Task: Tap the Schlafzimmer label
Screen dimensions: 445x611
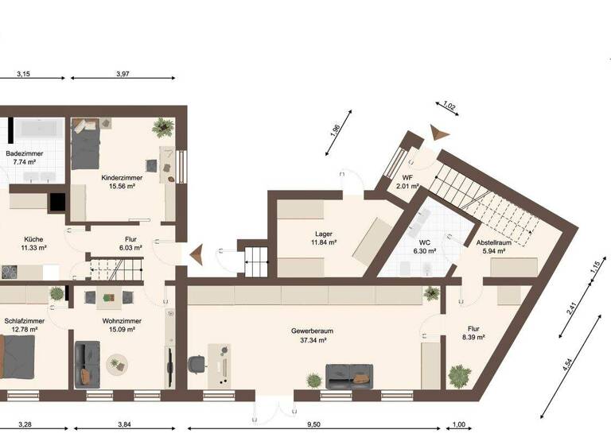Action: (21, 323)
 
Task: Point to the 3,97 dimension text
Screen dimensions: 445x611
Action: (123, 74)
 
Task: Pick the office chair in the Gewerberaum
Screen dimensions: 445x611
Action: (197, 365)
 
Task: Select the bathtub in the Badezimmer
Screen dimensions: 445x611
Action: (37, 127)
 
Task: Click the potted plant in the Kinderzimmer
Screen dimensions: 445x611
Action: (164, 126)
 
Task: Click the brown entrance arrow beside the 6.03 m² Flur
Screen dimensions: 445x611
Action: (195, 254)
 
